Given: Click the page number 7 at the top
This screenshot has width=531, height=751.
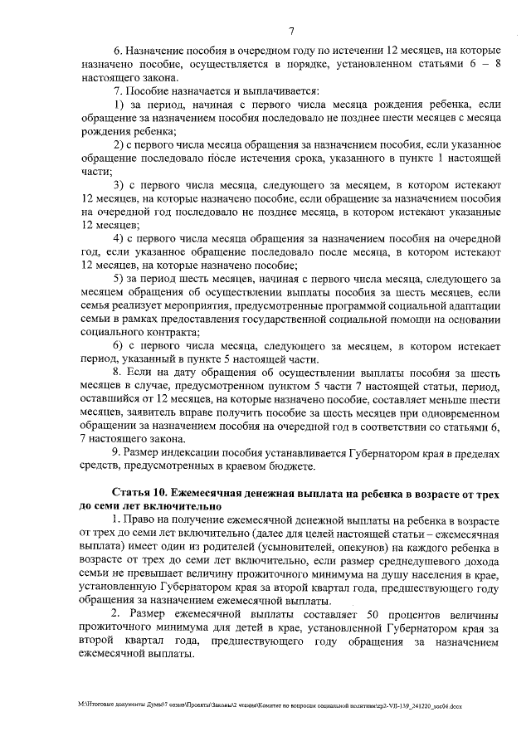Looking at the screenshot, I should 292,32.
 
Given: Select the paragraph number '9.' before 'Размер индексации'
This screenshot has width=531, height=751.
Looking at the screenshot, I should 117,452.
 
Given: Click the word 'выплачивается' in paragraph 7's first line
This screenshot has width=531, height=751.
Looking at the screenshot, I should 290,90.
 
